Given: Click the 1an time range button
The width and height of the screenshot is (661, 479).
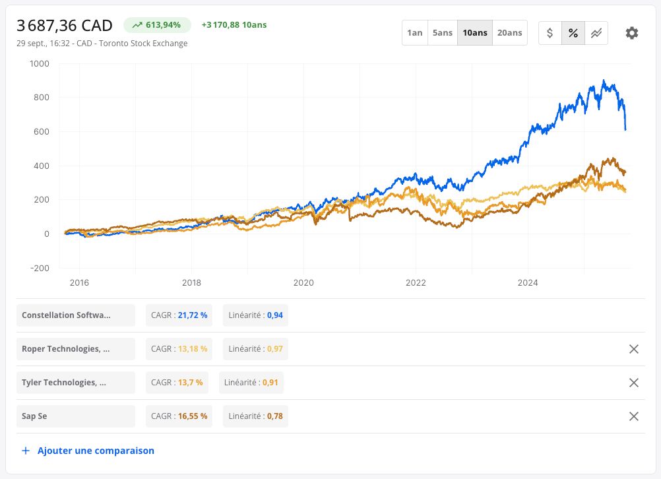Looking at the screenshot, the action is pyautogui.click(x=415, y=33).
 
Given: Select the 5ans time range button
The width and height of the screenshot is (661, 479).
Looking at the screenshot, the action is pyautogui.click(x=443, y=33).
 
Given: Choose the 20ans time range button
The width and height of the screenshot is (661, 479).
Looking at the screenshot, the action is pyautogui.click(x=510, y=33).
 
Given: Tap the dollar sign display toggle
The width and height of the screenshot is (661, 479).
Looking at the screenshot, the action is pyautogui.click(x=550, y=33).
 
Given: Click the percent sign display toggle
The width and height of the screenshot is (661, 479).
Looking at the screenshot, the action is pyautogui.click(x=573, y=33).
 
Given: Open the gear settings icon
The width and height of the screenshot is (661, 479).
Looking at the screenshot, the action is pyautogui.click(x=631, y=33).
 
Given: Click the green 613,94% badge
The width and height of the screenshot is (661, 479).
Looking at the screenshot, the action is pyautogui.click(x=157, y=25).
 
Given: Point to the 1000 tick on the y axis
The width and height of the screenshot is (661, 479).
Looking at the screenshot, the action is pyautogui.click(x=39, y=64).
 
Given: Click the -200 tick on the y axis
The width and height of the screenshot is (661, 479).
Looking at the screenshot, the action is pyautogui.click(x=40, y=268).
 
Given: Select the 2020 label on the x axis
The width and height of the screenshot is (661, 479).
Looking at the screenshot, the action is pyautogui.click(x=303, y=282).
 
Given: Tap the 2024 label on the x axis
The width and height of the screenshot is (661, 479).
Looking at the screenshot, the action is pyautogui.click(x=528, y=282).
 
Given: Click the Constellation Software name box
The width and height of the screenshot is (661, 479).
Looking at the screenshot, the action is pyautogui.click(x=76, y=315).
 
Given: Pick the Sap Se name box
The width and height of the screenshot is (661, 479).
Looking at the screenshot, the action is pyautogui.click(x=76, y=416).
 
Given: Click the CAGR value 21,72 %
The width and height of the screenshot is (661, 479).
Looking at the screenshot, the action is pyautogui.click(x=193, y=315).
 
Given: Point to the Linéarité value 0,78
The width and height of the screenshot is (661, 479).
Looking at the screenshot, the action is pyautogui.click(x=275, y=416).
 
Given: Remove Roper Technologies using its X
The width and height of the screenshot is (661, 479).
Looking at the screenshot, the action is pyautogui.click(x=633, y=349).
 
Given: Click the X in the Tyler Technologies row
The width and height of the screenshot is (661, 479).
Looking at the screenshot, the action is pyautogui.click(x=633, y=383).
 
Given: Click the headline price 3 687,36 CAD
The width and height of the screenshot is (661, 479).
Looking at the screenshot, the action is pyautogui.click(x=65, y=26).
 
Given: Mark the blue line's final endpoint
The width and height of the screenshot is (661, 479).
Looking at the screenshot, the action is pyautogui.click(x=625, y=129).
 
